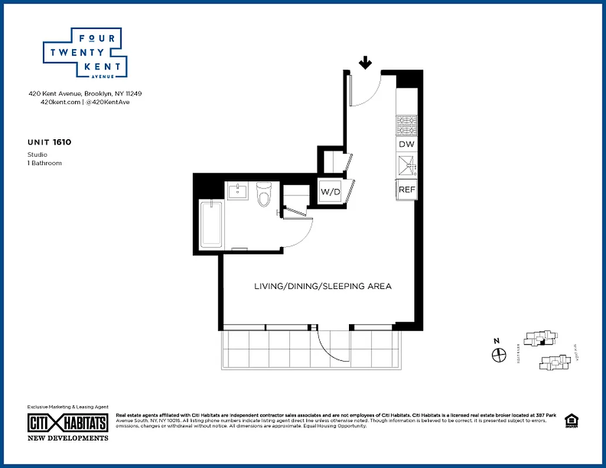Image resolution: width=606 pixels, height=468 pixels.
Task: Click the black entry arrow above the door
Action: (365, 63)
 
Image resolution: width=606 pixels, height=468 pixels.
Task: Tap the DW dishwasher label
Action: (406, 144)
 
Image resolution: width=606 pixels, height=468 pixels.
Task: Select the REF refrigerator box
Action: (406, 190)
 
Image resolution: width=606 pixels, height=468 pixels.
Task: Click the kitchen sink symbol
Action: (406, 167)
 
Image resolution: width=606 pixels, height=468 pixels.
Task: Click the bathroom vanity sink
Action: (238, 191)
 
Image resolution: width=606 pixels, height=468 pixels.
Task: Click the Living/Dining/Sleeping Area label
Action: (323, 287)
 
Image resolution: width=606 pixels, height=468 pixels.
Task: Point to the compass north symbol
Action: (498, 354)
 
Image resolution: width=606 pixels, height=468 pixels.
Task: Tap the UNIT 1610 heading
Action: (50, 142)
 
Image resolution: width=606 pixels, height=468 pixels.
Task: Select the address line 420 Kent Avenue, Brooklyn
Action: (85, 94)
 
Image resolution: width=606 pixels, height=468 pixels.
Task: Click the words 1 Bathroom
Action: (44, 163)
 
